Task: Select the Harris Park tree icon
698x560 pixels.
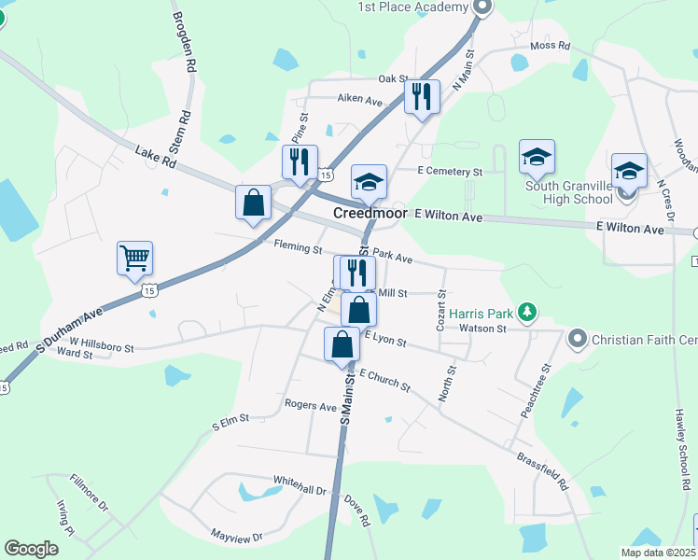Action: (528, 312)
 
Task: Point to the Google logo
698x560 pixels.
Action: (31, 549)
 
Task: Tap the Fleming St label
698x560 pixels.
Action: (298, 248)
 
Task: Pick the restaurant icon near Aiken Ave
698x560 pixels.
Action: (422, 96)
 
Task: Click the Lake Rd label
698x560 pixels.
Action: (155, 156)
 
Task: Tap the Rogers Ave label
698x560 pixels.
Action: (311, 407)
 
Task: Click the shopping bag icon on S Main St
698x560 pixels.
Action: (342, 343)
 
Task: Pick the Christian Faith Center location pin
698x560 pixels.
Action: (577, 337)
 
